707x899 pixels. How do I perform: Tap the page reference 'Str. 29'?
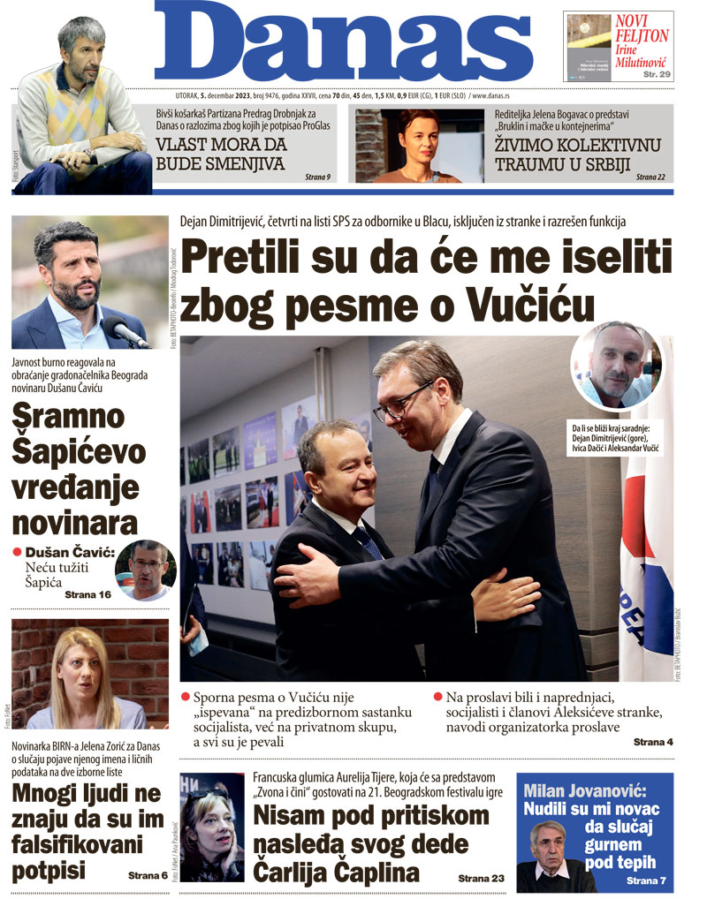click(655, 74)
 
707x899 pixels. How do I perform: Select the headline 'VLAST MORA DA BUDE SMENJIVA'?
click(220, 155)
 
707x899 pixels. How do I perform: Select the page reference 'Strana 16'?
click(87, 595)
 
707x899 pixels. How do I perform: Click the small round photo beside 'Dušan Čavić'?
click(146, 570)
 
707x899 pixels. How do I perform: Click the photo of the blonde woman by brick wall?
click(89, 674)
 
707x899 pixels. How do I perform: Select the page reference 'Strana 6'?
click(148, 875)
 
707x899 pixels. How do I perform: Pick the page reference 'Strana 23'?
click(482, 879)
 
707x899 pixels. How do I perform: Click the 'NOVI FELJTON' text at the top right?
click(642, 29)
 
